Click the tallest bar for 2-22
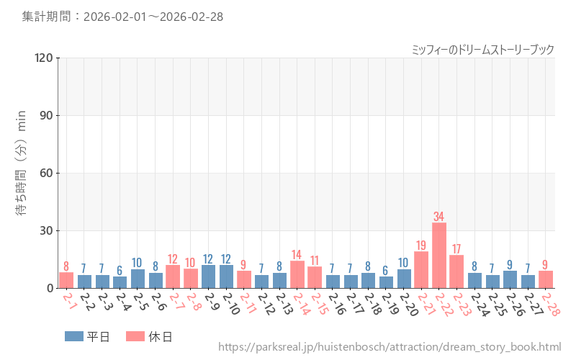pos(438,256)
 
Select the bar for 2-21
pos(421,270)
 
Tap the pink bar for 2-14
pos(297,274)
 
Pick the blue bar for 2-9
pos(208,276)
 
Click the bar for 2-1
pos(66,280)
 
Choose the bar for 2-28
pos(546,279)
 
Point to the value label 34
pos(438,216)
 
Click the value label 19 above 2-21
pos(421,245)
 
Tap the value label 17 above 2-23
pos(456,249)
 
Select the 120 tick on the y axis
pos(43,58)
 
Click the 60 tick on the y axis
pos(46,173)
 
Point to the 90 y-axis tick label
pos(46,115)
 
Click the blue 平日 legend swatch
pos(74,336)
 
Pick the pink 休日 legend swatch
pos(135,336)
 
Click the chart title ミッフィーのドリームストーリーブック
pos(482,49)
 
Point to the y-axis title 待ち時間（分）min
pos(21,173)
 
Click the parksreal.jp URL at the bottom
pos(389,347)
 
